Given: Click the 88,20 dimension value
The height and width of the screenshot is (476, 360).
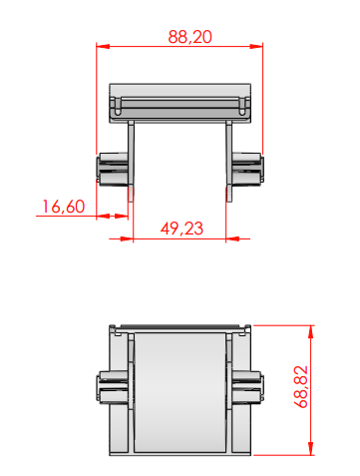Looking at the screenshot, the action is [189, 37].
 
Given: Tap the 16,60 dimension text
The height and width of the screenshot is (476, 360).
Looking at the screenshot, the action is [64, 207].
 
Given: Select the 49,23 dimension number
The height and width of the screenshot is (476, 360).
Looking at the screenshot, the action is [181, 229].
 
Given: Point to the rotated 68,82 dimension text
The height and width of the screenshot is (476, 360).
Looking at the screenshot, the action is [301, 387].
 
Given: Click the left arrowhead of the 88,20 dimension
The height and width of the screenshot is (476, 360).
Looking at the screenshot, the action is [103, 46].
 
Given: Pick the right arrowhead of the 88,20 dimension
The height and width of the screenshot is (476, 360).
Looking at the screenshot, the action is [256, 46].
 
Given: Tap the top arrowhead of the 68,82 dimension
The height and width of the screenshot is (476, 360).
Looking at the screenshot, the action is [311, 331].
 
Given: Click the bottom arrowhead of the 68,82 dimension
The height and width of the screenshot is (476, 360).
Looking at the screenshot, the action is [311, 448].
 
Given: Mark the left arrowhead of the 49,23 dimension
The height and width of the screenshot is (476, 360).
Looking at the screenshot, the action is [127, 238].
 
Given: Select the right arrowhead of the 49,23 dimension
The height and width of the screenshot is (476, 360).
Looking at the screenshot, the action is [232, 238].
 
